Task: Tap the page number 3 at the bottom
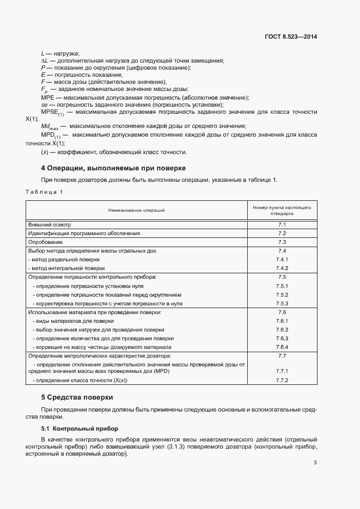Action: [x=315, y=463]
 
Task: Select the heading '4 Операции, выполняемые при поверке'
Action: [x=114, y=168]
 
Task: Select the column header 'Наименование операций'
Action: [x=136, y=210]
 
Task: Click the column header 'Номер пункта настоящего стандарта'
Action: [x=282, y=211]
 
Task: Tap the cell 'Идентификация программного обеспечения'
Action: [x=84, y=233]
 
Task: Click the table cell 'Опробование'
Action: [x=45, y=242]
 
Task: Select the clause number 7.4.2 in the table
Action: [x=282, y=268]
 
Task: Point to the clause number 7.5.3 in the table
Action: [x=282, y=303]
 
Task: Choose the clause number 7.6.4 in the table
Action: [x=282, y=347]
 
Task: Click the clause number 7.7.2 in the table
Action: [x=282, y=381]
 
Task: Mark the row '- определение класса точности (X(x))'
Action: [x=83, y=381]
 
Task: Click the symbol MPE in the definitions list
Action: [x=47, y=97]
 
